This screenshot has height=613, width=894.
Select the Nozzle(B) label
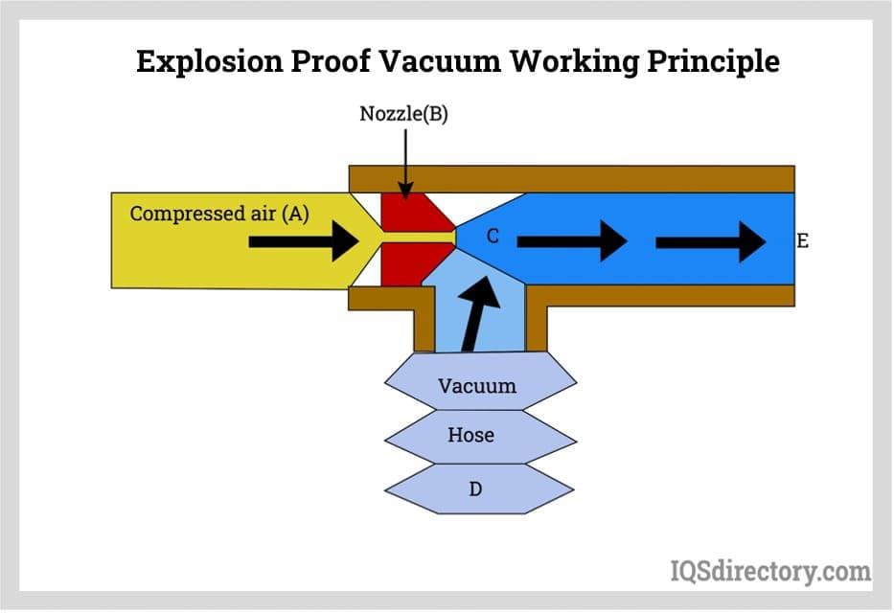tap(403, 114)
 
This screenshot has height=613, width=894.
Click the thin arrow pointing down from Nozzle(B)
tap(405, 163)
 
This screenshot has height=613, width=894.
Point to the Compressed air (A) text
tap(219, 213)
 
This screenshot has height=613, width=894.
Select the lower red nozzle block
tap(407, 263)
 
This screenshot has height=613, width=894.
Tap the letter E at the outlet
tap(803, 241)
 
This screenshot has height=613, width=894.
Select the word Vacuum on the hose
tap(476, 386)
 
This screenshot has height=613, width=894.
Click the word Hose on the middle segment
tap(470, 435)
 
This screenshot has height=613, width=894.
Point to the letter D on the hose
tap(474, 489)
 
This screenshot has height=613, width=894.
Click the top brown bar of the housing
tap(571, 179)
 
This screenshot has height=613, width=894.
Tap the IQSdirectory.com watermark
tap(769, 571)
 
